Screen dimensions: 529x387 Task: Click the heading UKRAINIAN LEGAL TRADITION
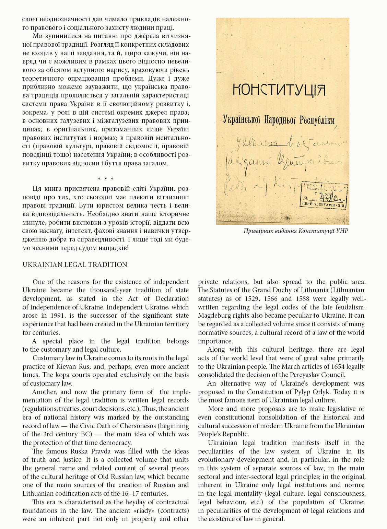[x=75, y=264]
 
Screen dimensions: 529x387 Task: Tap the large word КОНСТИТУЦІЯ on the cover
[x=279, y=90]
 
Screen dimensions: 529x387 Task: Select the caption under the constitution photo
[x=296, y=231]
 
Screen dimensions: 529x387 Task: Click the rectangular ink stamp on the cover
[x=324, y=195]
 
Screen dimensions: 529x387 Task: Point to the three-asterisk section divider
[x=105, y=179]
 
